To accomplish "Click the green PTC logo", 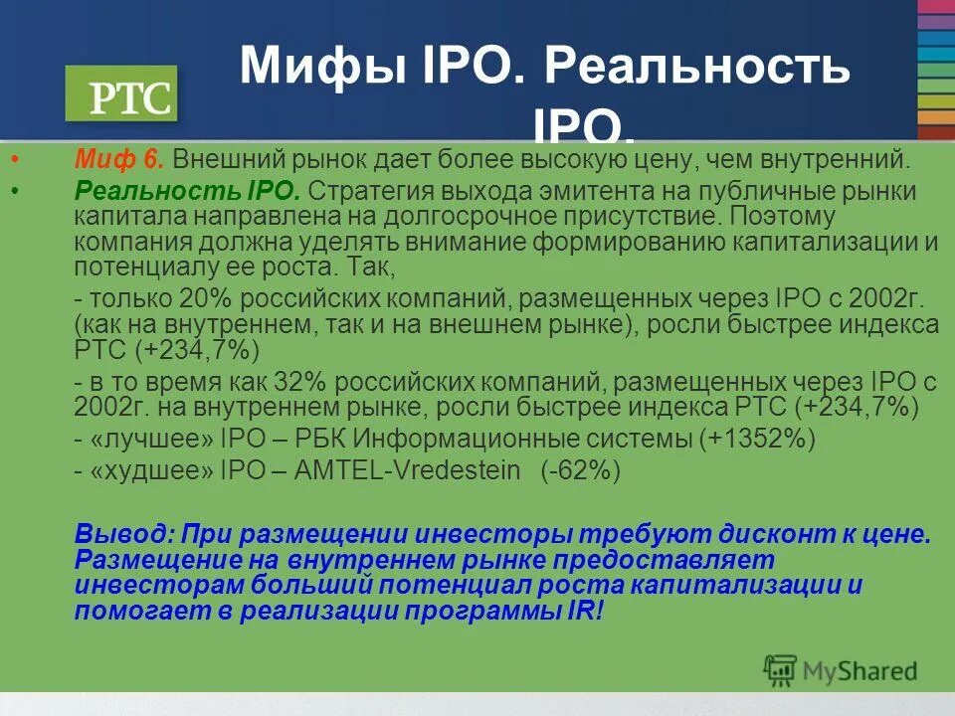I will (x=120, y=94).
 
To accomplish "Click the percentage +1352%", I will (x=757, y=439).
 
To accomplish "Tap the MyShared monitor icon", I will (x=781, y=670).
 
